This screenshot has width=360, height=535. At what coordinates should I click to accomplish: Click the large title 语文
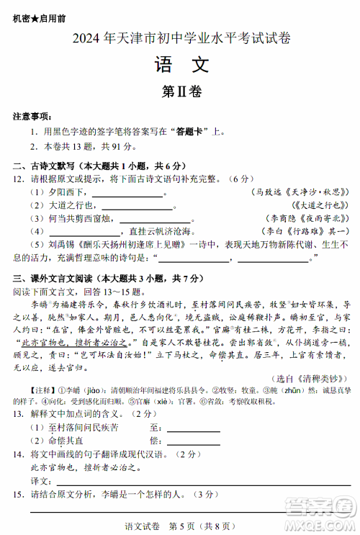pyautogui.click(x=181, y=66)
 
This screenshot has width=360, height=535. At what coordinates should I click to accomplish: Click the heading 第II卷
pyautogui.click(x=181, y=91)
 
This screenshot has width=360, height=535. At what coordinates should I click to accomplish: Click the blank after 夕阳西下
pyautogui.click(x=127, y=194)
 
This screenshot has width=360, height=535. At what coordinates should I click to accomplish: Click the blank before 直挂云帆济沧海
pyautogui.click(x=84, y=232)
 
